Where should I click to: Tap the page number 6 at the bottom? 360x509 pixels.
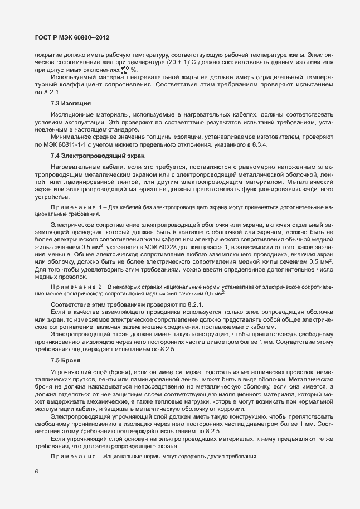[36, 471]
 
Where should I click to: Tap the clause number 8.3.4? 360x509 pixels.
[261, 145]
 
